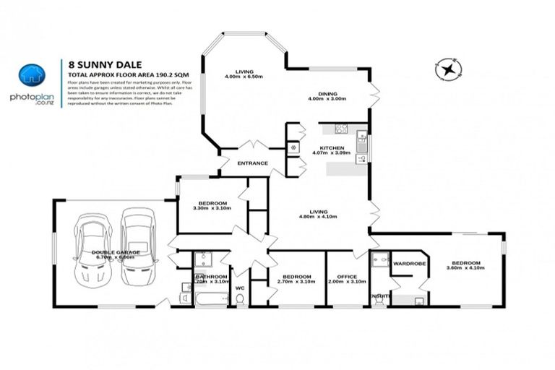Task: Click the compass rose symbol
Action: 449,70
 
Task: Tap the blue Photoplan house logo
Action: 32,75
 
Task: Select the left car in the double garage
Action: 93,248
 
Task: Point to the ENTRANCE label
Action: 253,163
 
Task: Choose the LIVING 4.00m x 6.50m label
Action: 244,73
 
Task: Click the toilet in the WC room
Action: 241,298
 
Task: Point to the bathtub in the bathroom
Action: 210,297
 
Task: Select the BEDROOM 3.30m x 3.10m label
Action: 212,205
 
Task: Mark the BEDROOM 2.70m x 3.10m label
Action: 296,278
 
